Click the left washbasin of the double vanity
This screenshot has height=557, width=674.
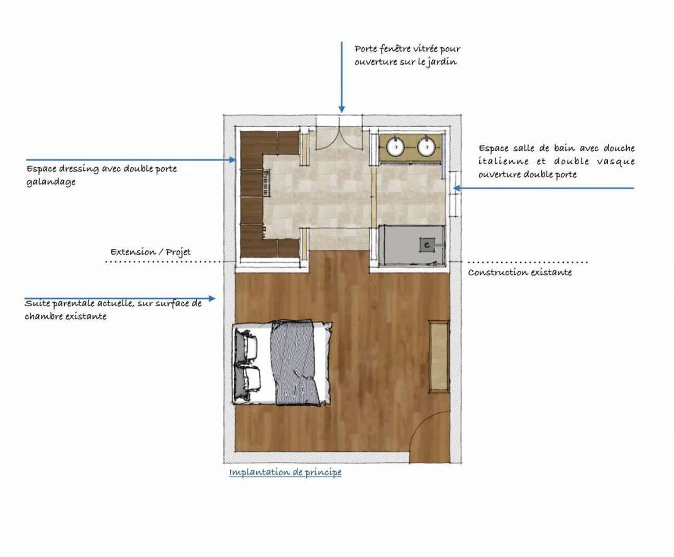(x=396, y=147)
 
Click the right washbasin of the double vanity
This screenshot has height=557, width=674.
(x=427, y=147)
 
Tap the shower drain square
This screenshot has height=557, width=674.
(x=427, y=245)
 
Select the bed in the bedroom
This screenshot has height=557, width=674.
(x=282, y=363)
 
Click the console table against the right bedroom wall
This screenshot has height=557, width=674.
(x=439, y=356)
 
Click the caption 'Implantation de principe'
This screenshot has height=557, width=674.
(x=285, y=472)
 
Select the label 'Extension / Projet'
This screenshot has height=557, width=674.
(x=151, y=252)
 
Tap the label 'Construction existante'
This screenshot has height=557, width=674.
(x=520, y=272)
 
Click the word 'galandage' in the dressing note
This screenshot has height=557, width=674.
(x=51, y=182)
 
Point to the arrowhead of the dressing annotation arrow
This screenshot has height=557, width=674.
(x=232, y=160)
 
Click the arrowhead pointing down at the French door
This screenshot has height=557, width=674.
(x=342, y=109)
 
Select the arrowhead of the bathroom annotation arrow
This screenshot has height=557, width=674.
(x=457, y=188)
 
